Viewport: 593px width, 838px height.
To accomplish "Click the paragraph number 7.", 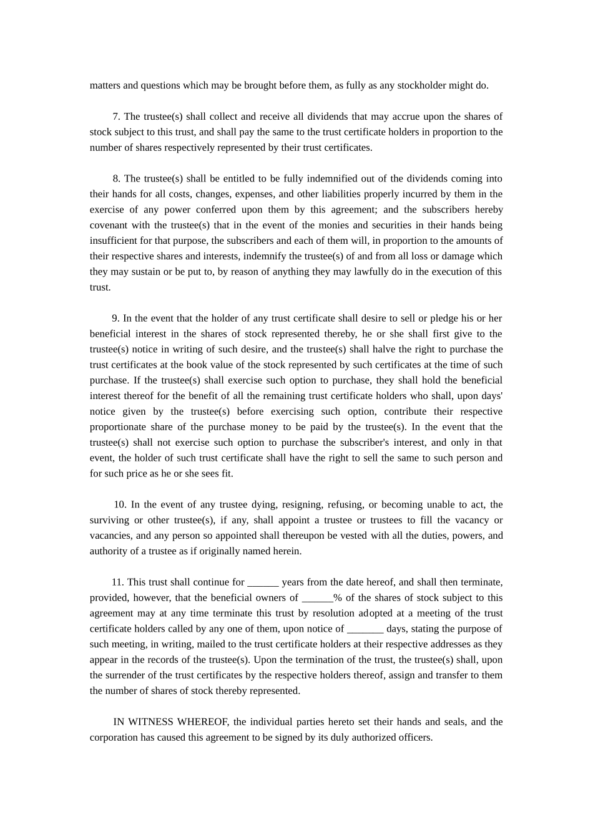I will [116, 117].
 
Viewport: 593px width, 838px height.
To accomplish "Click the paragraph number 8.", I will [117, 179].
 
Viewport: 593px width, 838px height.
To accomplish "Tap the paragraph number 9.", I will [115, 319].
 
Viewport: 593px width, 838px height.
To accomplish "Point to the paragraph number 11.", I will [117, 582].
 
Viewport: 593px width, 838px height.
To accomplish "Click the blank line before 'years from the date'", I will [263, 582].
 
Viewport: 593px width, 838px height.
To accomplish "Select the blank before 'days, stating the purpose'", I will [365, 629].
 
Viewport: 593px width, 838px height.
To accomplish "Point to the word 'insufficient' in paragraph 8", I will [115, 241].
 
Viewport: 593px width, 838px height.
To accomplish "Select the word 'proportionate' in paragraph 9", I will [118, 427].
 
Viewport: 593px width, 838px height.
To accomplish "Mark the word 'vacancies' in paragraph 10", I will [110, 536].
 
